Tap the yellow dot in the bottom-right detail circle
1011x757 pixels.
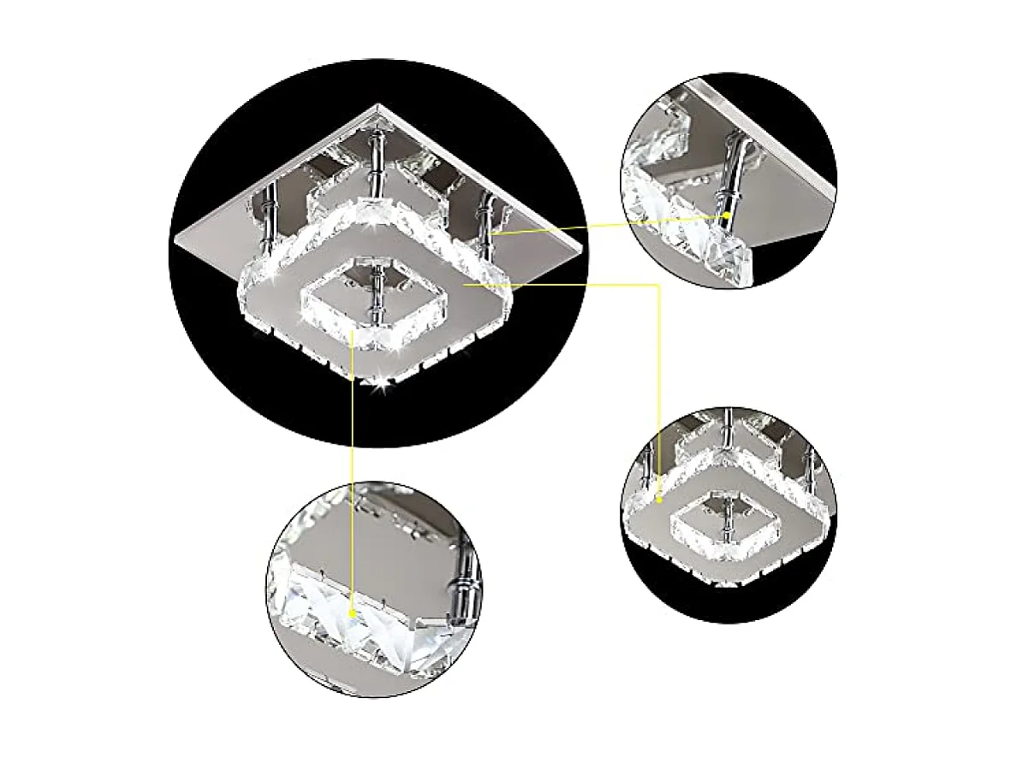(x=661, y=496)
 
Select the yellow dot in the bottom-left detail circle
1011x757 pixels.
(x=353, y=612)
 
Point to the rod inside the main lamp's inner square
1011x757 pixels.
(x=374, y=295)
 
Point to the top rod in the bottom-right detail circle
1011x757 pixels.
(x=729, y=428)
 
